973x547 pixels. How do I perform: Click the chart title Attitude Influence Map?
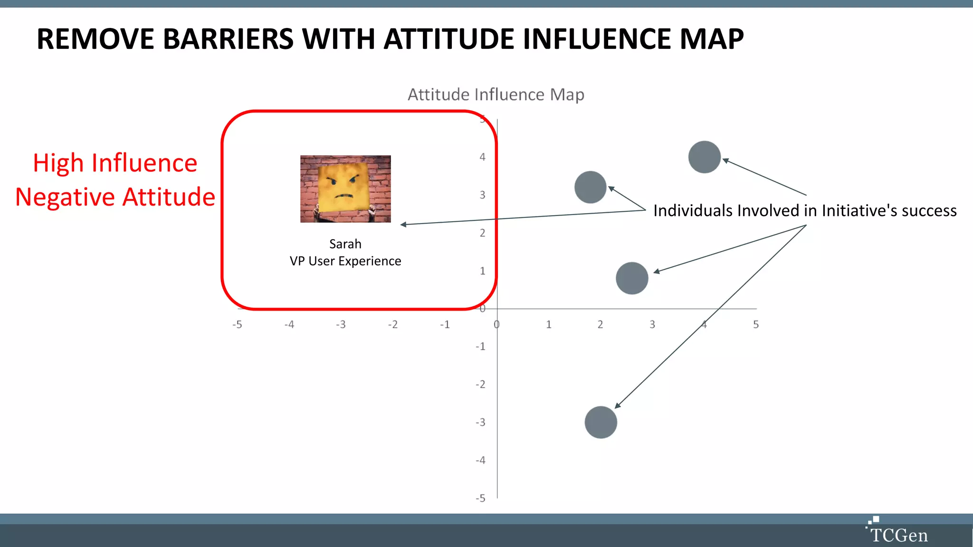[496, 94]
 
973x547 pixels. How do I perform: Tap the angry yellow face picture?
[345, 189]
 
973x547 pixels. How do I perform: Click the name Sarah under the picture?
[345, 244]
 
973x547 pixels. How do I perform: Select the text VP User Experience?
[345, 261]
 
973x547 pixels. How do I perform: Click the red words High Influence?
[115, 163]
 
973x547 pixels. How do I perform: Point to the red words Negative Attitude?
[115, 198]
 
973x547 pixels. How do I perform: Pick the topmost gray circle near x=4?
[705, 157]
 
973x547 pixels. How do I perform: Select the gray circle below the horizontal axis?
[601, 422]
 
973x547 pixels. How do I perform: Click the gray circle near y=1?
[632, 278]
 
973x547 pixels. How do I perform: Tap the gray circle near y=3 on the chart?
[591, 187]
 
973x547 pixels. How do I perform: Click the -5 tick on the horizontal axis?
[237, 325]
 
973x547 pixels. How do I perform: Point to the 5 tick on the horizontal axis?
[756, 325]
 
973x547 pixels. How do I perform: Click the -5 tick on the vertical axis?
[480, 498]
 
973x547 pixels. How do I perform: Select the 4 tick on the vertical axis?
[482, 157]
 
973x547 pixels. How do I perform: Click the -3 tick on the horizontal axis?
[341, 325]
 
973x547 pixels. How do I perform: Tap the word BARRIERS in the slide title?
[229, 39]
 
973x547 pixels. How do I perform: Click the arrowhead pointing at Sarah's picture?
[403, 225]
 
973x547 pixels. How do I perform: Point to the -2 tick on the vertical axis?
[480, 384]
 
